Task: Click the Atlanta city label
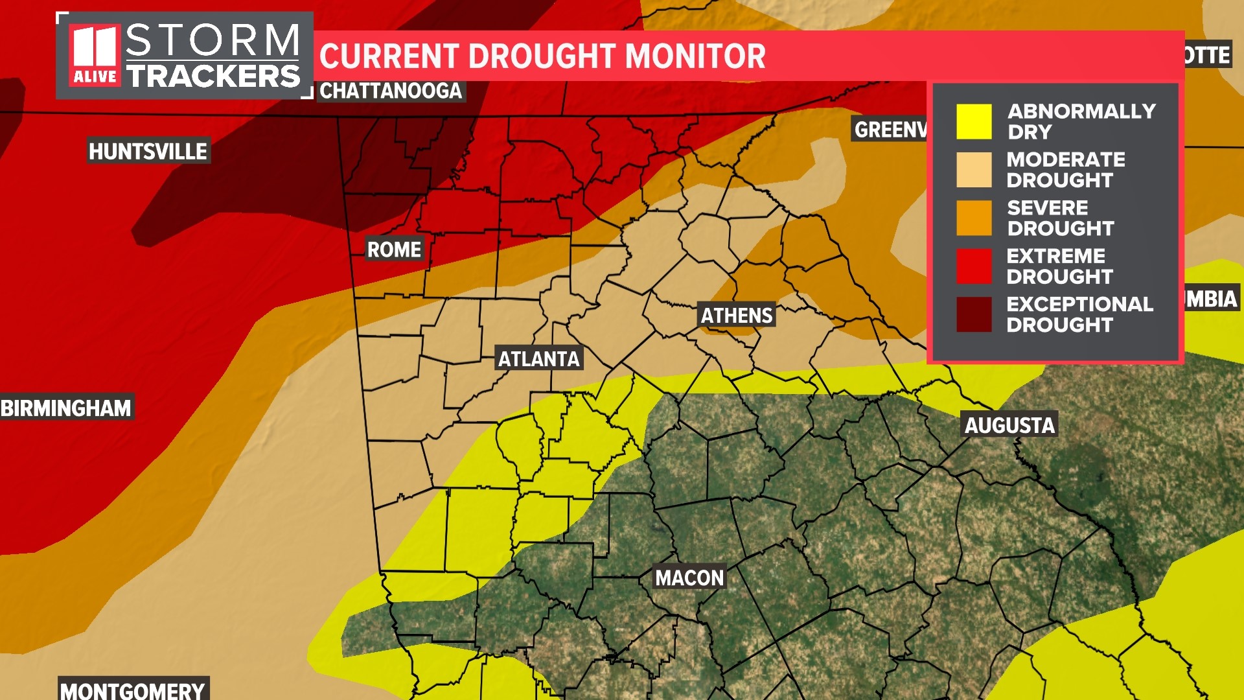[x=538, y=358]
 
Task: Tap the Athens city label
[x=737, y=316]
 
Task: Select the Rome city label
[x=394, y=249]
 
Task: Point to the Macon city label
[x=689, y=577]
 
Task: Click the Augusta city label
[x=1009, y=425]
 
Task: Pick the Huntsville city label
[x=148, y=152]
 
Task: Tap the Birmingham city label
[x=66, y=408]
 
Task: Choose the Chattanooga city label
[x=391, y=91]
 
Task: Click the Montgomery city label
[x=133, y=690]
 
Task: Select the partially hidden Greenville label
[x=890, y=130]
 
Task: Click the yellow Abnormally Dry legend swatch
[x=974, y=122]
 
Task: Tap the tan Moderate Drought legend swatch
[x=974, y=170]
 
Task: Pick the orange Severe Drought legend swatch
[x=974, y=218]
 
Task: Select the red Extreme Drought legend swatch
[x=974, y=266]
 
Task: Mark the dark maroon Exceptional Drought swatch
[x=974, y=314]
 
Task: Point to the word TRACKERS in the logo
[x=213, y=76]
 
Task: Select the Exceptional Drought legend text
[x=1079, y=314]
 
